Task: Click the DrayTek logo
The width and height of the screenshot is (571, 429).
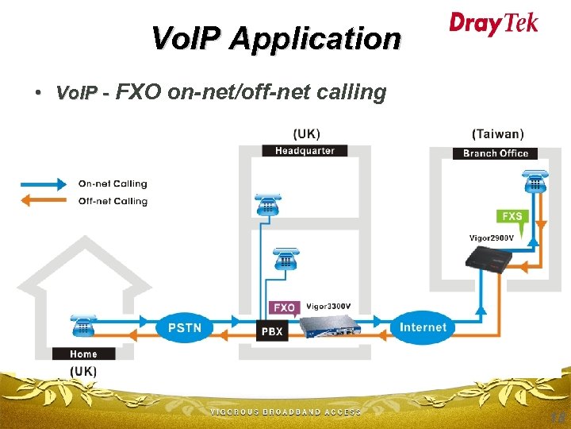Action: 493,23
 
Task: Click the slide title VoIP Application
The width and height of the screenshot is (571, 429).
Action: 276,38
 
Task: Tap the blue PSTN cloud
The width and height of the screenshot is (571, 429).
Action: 184,327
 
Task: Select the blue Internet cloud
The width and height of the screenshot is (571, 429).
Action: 423,327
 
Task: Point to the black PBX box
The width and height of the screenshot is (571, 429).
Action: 271,332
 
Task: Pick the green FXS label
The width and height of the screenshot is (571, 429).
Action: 512,216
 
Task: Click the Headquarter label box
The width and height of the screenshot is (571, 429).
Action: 305,151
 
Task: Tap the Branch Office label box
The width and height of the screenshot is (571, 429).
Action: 496,153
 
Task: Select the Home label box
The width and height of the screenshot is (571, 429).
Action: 83,354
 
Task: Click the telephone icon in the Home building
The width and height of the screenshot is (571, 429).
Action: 82,326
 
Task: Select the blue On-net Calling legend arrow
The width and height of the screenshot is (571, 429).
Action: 44,184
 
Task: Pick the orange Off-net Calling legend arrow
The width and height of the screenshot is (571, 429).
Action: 44,201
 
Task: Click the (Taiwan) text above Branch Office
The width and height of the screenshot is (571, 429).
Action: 497,134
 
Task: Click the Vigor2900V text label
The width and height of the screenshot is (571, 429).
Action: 491,238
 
